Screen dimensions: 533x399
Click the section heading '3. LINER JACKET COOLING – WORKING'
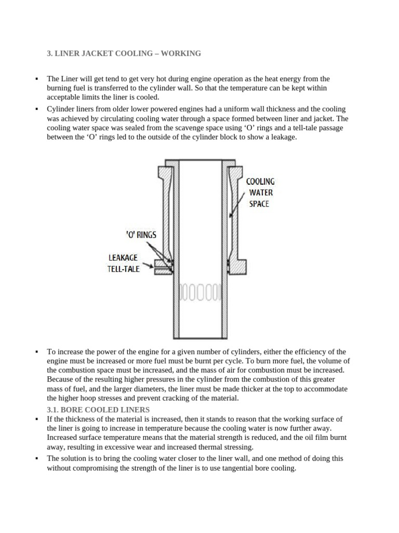[124, 54]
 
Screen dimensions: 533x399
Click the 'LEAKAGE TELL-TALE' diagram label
[124, 263]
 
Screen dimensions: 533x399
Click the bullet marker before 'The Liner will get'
[37, 79]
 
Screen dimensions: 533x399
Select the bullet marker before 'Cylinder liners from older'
[37, 109]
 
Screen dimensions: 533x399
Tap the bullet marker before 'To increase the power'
[37, 352]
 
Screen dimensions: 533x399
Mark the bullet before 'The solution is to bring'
[37, 459]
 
